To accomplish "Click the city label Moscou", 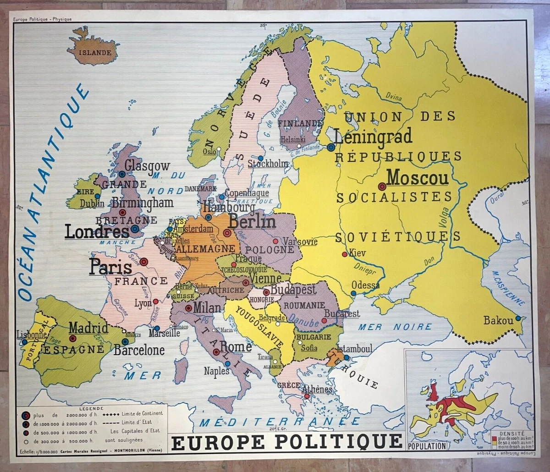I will click(x=418, y=178).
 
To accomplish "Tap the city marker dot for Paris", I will click(x=143, y=262).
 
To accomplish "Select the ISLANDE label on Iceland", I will click(x=95, y=52).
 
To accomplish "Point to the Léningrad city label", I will click(x=373, y=136).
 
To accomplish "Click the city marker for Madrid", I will click(x=72, y=339).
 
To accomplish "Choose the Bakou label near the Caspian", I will click(x=498, y=321).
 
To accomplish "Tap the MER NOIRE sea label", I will click(x=395, y=327).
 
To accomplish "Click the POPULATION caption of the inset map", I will click(x=426, y=445).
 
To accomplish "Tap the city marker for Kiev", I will click(x=344, y=254).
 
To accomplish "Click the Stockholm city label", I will click(x=269, y=164).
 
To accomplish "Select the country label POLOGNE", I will click(x=270, y=250).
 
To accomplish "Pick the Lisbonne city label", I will click(x=31, y=335).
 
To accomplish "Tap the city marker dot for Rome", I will click(x=216, y=352).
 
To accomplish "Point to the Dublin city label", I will click(x=92, y=203).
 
